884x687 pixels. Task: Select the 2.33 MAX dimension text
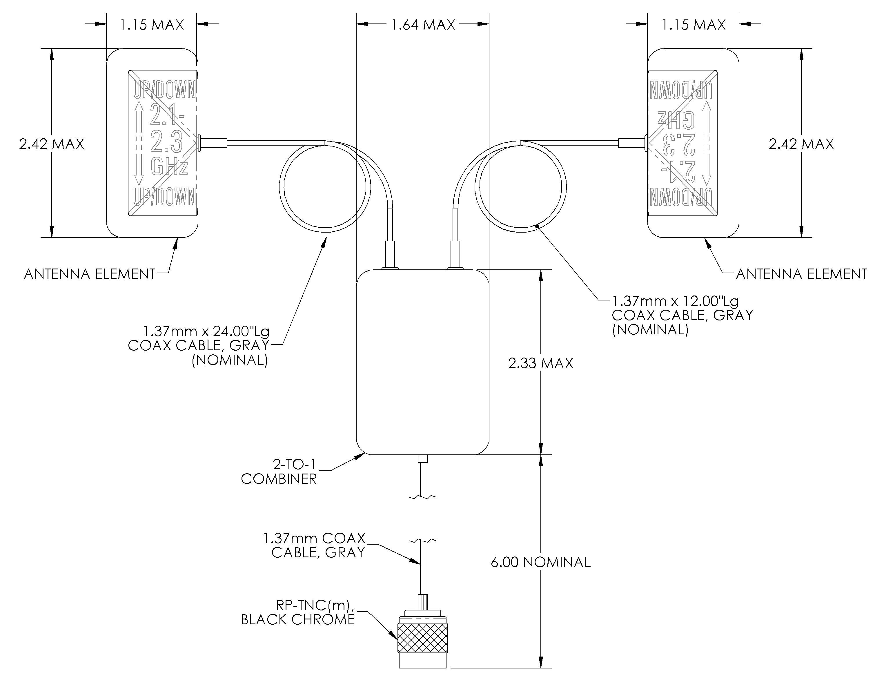[x=540, y=363]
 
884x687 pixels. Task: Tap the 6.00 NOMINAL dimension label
[x=540, y=562]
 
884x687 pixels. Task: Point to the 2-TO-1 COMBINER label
[x=279, y=472]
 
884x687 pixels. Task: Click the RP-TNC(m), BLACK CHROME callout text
[x=298, y=612]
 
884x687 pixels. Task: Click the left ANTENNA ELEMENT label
[x=90, y=274]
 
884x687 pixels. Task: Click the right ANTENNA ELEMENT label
[x=801, y=274]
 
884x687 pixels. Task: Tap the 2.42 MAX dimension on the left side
[x=52, y=144]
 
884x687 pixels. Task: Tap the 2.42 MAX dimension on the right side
[x=801, y=144]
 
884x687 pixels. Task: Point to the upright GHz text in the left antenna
[x=169, y=167]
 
